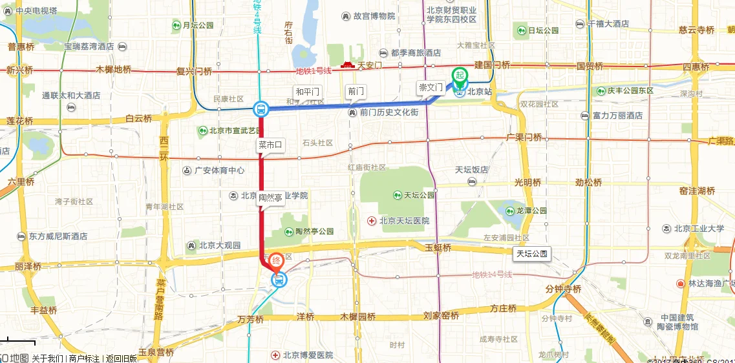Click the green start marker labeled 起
pyautogui.click(x=460, y=76)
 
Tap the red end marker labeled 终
pyautogui.click(x=276, y=261)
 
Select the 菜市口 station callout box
pyautogui.click(x=271, y=145)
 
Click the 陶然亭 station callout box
pyautogui.click(x=271, y=198)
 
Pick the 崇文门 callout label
pyautogui.click(x=431, y=87)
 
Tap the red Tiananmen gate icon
pyautogui.click(x=348, y=65)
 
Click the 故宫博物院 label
pyautogui.click(x=374, y=16)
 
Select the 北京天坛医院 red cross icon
pyautogui.click(x=372, y=221)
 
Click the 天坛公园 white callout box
pyautogui.click(x=532, y=254)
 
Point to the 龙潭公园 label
pyautogui.click(x=531, y=211)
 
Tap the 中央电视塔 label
pyautogui.click(x=36, y=11)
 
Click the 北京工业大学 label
pyautogui.click(x=698, y=228)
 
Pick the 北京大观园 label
pyautogui.click(x=219, y=245)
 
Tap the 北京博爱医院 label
pyautogui.click(x=307, y=355)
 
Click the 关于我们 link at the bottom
pyautogui.click(x=48, y=358)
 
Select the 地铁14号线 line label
pyautogui.click(x=492, y=275)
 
